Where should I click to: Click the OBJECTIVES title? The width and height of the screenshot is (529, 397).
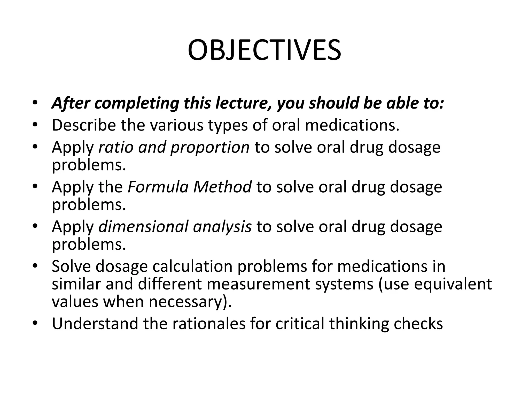[264, 50]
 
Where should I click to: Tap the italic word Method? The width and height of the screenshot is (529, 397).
[222, 187]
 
